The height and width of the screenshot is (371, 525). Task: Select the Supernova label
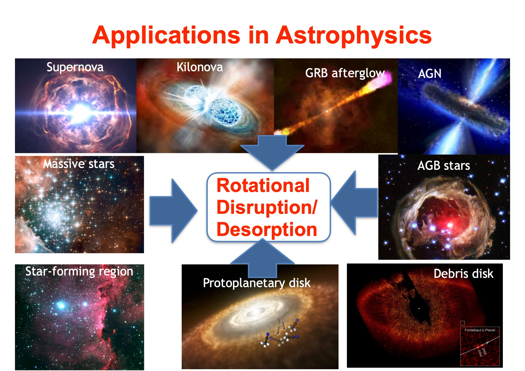click(75, 67)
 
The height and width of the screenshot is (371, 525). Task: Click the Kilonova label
click(200, 67)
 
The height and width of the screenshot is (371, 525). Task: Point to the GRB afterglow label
click(345, 73)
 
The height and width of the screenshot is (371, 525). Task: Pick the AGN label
click(430, 74)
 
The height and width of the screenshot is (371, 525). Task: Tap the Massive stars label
click(79, 164)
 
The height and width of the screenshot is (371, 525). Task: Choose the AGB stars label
click(444, 166)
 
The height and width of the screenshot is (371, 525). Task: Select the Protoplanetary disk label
click(257, 283)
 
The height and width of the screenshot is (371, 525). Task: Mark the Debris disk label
click(463, 274)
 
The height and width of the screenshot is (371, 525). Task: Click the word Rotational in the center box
click(263, 186)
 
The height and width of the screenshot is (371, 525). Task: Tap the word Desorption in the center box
click(267, 230)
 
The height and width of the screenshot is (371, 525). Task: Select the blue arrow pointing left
click(354, 203)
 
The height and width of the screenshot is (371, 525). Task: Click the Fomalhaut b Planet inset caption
click(480, 330)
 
